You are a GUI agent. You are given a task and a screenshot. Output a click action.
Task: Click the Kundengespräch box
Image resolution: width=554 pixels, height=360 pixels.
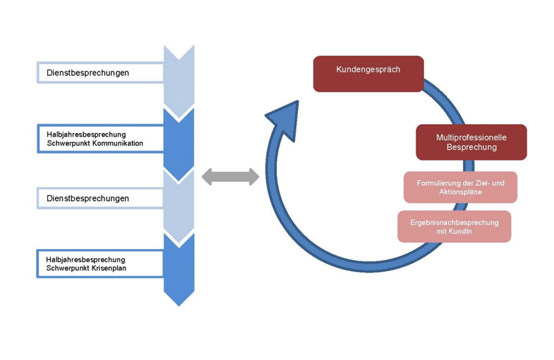[x=368, y=74]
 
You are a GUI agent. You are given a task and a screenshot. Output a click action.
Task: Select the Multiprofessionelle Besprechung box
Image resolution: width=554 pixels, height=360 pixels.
[x=471, y=142]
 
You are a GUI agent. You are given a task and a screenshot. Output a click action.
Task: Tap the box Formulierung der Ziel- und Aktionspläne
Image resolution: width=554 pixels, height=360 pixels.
[x=460, y=187]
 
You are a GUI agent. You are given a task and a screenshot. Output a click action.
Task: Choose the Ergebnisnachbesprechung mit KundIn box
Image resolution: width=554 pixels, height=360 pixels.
[x=454, y=227]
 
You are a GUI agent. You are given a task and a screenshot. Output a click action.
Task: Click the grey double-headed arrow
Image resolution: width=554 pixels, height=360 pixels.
[x=230, y=177]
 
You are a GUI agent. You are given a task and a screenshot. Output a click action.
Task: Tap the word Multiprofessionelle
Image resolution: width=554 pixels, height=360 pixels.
[x=471, y=137]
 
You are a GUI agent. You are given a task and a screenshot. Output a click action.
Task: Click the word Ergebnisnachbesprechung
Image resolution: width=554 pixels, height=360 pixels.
[x=454, y=223]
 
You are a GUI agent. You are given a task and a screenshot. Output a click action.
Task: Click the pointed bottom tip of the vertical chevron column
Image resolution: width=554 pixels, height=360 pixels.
[x=179, y=304]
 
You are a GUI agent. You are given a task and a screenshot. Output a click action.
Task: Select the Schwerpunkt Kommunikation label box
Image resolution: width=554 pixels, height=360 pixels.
[x=100, y=138]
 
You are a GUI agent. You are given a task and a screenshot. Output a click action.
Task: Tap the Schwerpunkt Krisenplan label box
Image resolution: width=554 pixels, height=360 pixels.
[x=100, y=264]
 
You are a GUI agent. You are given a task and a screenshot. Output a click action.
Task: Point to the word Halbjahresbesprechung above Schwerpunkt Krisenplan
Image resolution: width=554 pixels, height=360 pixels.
[x=86, y=259]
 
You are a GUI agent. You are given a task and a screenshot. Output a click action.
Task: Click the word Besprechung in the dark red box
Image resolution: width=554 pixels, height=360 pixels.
[x=471, y=147]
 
